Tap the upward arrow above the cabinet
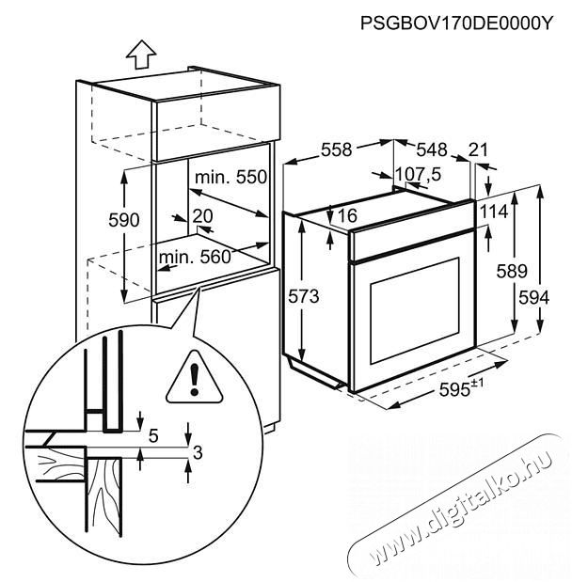(140, 55)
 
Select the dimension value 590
(122, 220)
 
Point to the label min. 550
(230, 178)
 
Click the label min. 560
(195, 257)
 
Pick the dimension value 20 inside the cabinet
(201, 215)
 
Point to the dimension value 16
(346, 216)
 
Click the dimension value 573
(304, 296)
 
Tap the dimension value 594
(532, 296)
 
